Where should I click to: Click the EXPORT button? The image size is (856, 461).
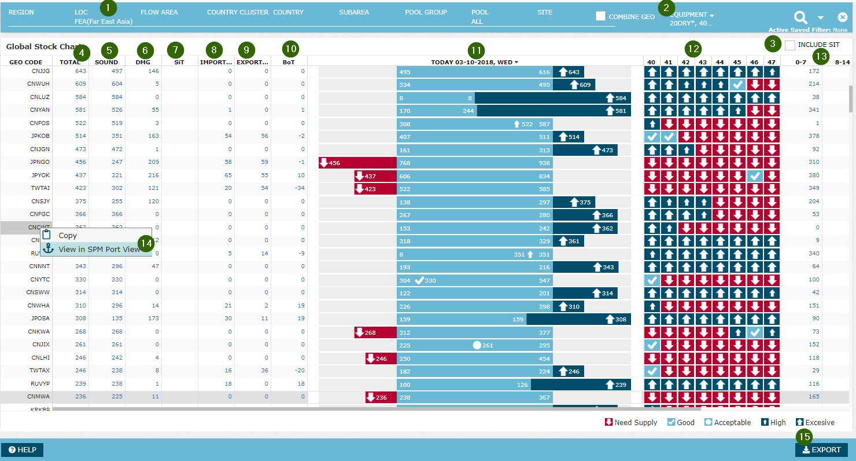[x=821, y=450]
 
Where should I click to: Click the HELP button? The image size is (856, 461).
[x=23, y=450]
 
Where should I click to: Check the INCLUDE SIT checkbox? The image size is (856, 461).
[x=790, y=45]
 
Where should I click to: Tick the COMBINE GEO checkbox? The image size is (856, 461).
[x=601, y=16]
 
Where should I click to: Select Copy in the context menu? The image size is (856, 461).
[x=68, y=236]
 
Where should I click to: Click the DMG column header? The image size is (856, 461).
[x=143, y=62]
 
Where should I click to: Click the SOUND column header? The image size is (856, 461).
[x=106, y=62]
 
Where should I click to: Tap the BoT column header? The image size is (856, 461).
[x=289, y=62]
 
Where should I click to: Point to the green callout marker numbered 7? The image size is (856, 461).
[x=176, y=50]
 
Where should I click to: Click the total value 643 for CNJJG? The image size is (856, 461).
[x=80, y=71]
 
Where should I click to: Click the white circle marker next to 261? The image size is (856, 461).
[x=477, y=345]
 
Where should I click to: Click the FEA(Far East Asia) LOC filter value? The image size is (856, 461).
[x=104, y=21]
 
